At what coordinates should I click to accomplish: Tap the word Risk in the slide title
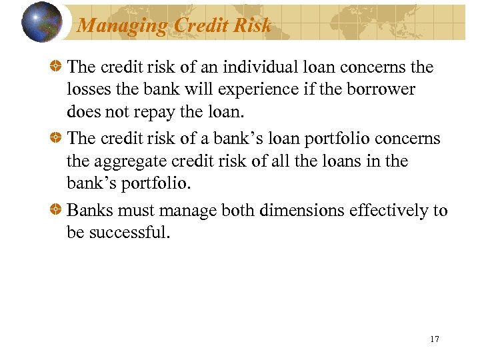255,25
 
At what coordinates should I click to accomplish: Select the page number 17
435,339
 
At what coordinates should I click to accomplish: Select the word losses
87,89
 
